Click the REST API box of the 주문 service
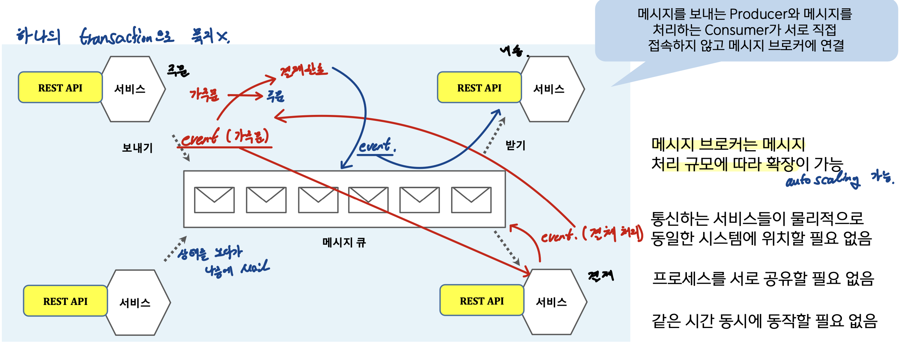point(60,88)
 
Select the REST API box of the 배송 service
point(479,88)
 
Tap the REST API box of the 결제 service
point(482,301)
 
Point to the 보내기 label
point(137,148)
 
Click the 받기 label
point(515,145)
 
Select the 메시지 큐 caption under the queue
point(344,242)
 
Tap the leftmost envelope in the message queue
point(214,200)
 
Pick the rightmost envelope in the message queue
point(471,200)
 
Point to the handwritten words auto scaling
point(822,180)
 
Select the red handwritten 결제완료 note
point(303,70)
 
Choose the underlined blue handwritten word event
point(375,146)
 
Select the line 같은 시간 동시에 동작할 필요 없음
point(764,321)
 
